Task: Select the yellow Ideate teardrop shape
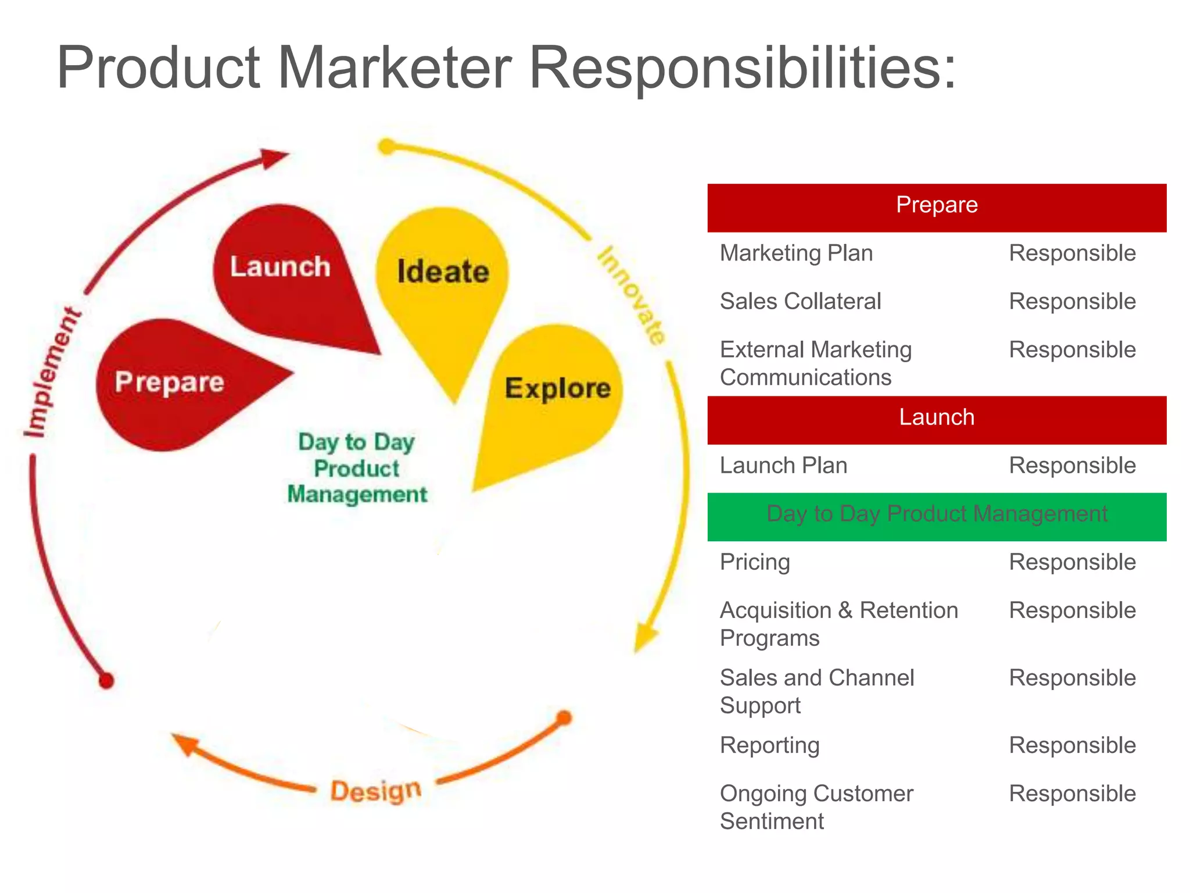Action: click(x=443, y=279)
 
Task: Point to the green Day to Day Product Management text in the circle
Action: click(x=357, y=468)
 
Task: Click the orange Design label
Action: click(x=376, y=791)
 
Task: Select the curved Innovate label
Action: click(x=632, y=295)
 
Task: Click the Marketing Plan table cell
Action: click(x=796, y=253)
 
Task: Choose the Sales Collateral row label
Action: click(x=800, y=302)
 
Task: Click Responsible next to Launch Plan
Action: click(x=1072, y=466)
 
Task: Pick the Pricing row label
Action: click(x=755, y=562)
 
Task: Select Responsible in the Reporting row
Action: click(x=1072, y=745)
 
